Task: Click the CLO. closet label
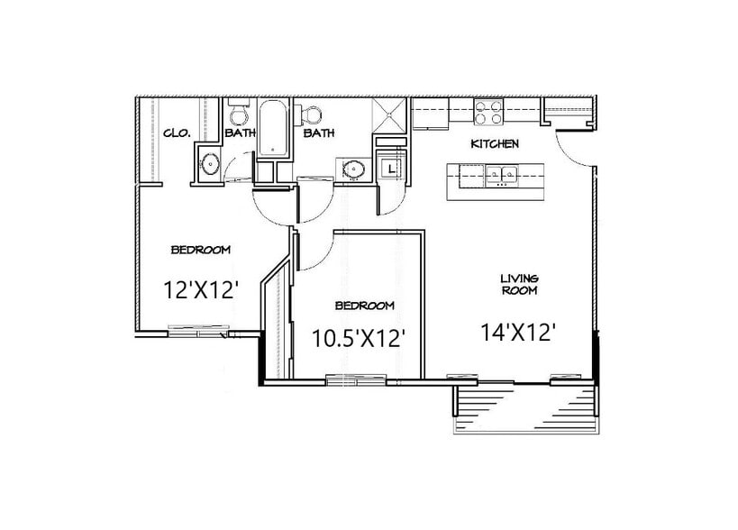point(177,132)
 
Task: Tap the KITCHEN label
point(495,144)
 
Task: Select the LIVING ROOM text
point(520,285)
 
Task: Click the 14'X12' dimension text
point(516,332)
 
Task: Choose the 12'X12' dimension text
point(200,289)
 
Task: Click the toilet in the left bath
point(238,115)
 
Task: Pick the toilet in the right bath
point(312,114)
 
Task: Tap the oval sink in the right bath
point(354,168)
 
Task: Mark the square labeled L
point(390,168)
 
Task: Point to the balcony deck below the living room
point(525,407)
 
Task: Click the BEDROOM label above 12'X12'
point(201,249)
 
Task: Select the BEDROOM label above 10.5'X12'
point(364,305)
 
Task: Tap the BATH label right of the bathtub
point(319,133)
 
